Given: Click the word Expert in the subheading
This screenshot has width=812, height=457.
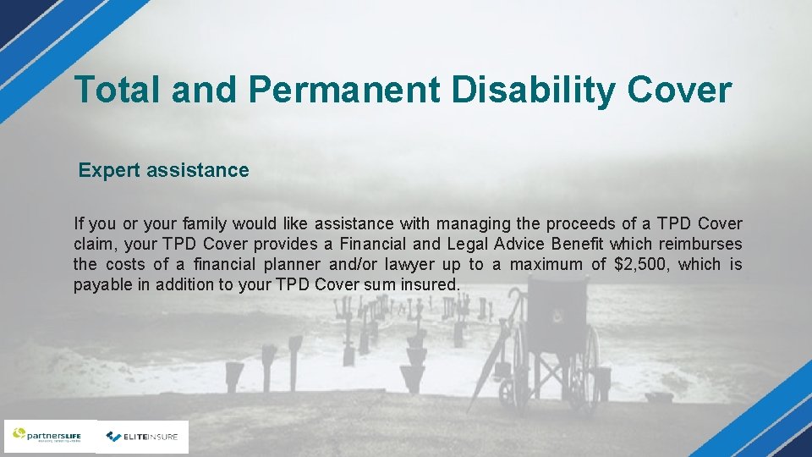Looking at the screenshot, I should pyautogui.click(x=109, y=170).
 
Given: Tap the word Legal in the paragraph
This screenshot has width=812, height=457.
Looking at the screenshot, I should pyautogui.click(x=469, y=245).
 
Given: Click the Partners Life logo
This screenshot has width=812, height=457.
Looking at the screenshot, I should pyautogui.click(x=50, y=437).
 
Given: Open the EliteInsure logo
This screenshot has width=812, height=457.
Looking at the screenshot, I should pyautogui.click(x=142, y=437).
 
